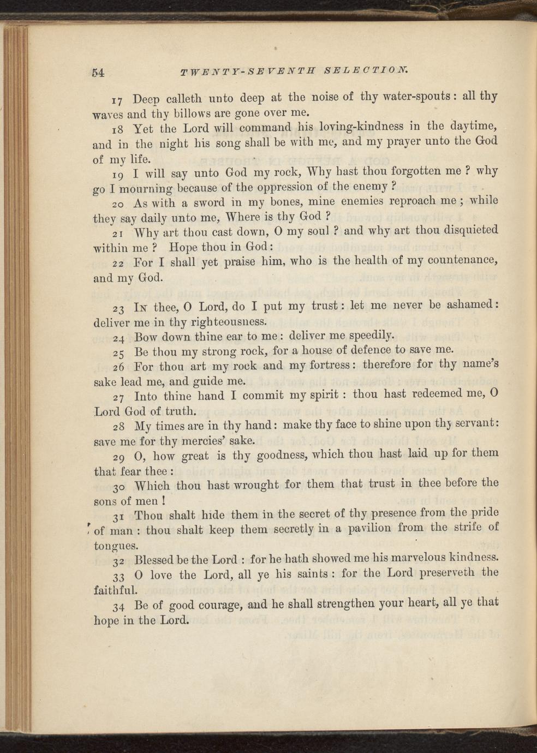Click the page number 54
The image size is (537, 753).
pos(98,73)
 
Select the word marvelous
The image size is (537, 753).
pos(401,558)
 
